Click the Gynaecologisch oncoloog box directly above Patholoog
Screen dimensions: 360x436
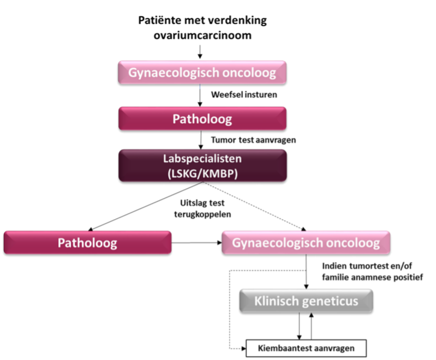202,72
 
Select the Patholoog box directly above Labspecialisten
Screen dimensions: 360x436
202,118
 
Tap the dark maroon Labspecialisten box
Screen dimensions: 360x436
202,165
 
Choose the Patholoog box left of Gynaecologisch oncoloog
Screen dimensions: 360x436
87,242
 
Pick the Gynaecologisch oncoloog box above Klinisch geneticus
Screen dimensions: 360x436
306,242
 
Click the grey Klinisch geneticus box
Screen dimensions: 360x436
306,301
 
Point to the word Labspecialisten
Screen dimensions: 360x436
202,159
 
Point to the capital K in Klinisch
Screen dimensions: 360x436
258,301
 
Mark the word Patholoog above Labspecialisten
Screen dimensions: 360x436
202,119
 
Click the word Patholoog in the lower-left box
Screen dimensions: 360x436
87,243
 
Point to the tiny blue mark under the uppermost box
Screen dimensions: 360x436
200,87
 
